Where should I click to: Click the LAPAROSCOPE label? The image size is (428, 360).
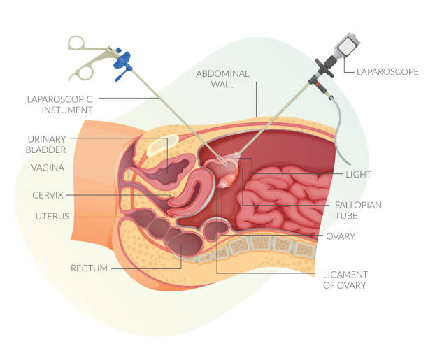point(387,72)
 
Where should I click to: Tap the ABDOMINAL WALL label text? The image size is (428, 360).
point(222,79)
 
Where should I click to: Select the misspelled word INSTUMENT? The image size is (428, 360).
point(67,110)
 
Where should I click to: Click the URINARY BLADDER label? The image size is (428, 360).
point(46,145)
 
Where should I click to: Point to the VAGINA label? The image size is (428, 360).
point(48,168)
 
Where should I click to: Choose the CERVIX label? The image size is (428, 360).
point(48,195)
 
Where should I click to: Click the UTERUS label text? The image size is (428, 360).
point(52,217)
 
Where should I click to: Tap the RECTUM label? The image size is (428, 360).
point(89,268)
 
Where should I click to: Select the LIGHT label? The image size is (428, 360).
point(358,174)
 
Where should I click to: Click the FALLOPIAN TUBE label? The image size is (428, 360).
point(358,210)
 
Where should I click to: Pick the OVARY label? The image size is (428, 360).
point(341,236)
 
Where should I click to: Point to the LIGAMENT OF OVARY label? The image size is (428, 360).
point(345,280)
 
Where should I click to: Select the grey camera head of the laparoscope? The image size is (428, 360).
point(347,45)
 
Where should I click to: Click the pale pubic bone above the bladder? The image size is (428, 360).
point(162,145)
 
